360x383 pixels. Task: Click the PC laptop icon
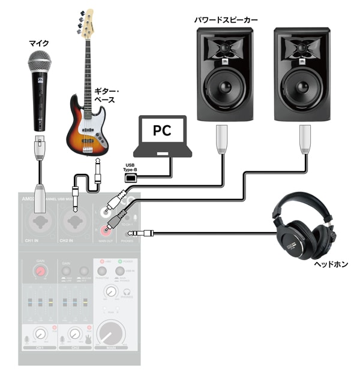click(163, 136)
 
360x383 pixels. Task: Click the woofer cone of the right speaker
click(301, 85)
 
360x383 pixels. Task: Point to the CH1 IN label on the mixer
click(32, 240)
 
